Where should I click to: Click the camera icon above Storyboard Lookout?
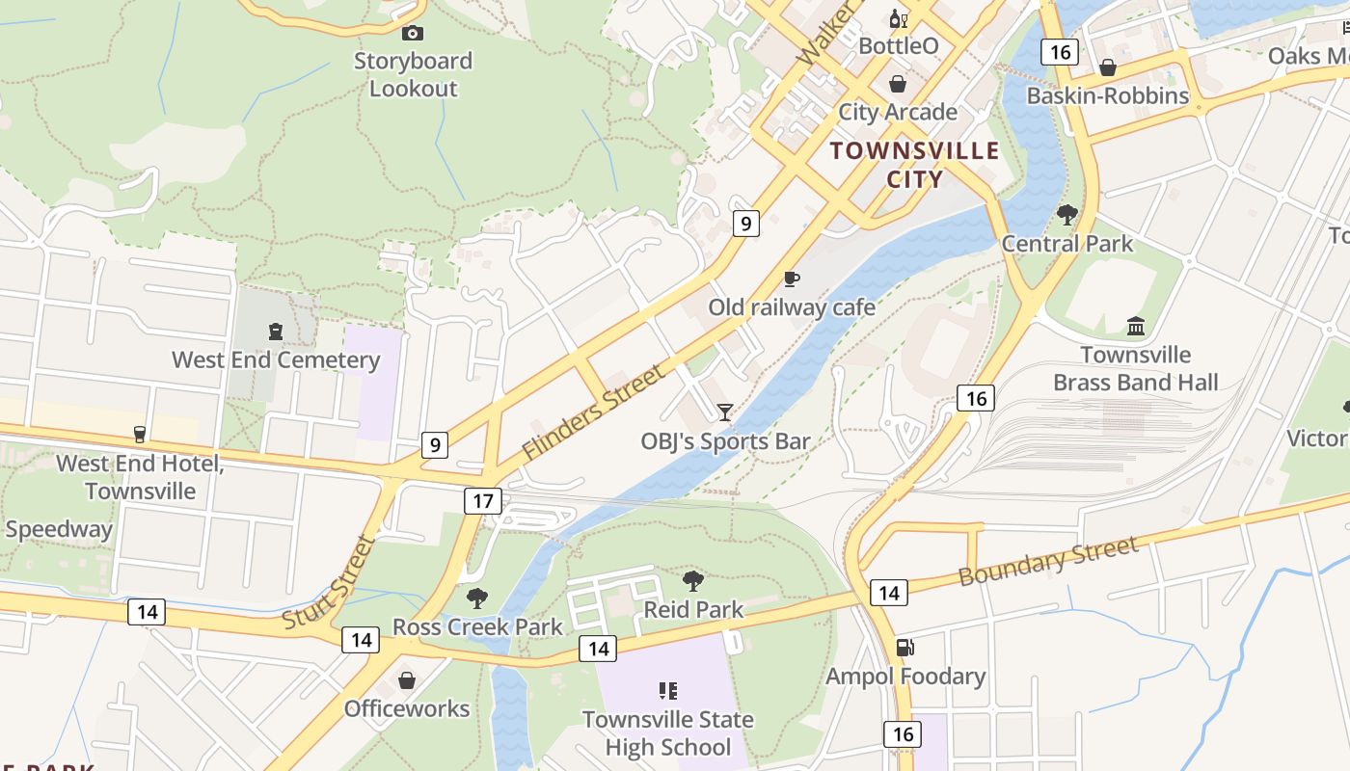(x=412, y=33)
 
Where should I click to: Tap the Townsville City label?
(x=914, y=165)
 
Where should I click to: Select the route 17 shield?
(x=483, y=500)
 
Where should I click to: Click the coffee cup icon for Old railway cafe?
(x=791, y=279)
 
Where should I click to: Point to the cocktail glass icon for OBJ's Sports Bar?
(x=724, y=412)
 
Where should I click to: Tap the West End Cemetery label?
(x=276, y=360)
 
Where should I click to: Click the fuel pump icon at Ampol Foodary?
(x=904, y=648)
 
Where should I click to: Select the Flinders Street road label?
(x=593, y=412)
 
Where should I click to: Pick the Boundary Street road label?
(x=1048, y=562)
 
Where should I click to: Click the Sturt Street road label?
(x=328, y=583)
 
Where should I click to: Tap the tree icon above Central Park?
(x=1066, y=215)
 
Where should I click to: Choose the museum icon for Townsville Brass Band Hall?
(x=1135, y=327)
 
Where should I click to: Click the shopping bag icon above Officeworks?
(x=407, y=680)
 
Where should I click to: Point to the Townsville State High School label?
(x=667, y=733)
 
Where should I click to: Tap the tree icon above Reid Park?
(x=692, y=581)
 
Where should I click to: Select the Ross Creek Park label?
(x=477, y=627)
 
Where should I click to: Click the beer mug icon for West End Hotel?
(x=140, y=435)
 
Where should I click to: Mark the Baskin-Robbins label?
(x=1107, y=95)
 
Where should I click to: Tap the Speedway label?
(x=59, y=529)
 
